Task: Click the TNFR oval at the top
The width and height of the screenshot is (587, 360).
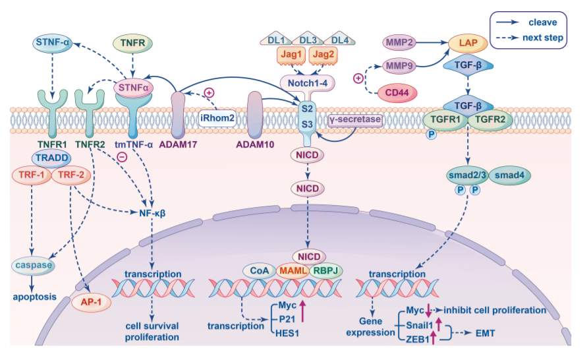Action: [x=133, y=43]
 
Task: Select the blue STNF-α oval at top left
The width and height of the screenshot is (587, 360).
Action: [x=53, y=42]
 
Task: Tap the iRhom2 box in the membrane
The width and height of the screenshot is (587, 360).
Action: [x=217, y=119]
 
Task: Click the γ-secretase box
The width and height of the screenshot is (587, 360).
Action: [x=355, y=120]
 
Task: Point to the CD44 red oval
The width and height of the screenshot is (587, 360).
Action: [x=397, y=93]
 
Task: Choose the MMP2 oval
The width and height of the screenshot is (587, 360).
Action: [x=399, y=42]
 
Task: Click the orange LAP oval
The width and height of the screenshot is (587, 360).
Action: [x=468, y=43]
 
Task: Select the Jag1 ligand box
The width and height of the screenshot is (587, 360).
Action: [x=291, y=55]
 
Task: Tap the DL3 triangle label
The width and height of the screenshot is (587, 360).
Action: [x=308, y=40]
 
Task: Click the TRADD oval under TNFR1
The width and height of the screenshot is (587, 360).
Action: [x=52, y=158]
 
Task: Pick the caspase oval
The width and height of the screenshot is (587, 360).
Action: [x=34, y=265]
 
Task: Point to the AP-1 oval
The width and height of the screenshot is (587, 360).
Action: [x=91, y=301]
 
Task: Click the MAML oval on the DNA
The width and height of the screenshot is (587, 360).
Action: [x=293, y=270]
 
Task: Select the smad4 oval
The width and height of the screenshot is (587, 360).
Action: [x=509, y=175]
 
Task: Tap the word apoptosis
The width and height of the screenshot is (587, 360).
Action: [x=34, y=297]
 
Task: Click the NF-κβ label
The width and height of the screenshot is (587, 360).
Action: [x=152, y=213]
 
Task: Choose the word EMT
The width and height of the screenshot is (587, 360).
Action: [x=485, y=333]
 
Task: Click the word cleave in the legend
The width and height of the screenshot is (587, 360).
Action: [x=542, y=22]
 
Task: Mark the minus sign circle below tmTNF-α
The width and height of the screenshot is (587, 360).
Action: [x=123, y=157]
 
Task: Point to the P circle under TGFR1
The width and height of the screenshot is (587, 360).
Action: [x=432, y=134]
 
